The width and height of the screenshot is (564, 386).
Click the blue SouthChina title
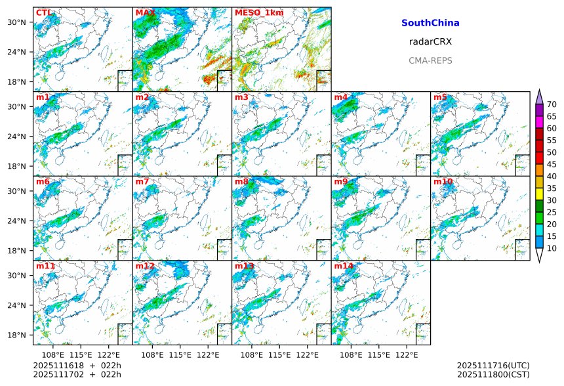pyautogui.click(x=430, y=23)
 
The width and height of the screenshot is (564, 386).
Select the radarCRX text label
pyautogui.click(x=430, y=41)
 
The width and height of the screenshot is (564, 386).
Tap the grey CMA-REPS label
pyautogui.click(x=430, y=60)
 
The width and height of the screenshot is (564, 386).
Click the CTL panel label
pyautogui.click(x=44, y=12)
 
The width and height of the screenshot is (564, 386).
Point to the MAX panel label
pyautogui.click(x=145, y=12)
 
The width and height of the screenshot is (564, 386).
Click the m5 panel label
pyautogui.click(x=440, y=97)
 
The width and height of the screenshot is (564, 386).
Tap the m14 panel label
pyautogui.click(x=344, y=266)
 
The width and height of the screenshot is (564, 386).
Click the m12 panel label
pyautogui.click(x=145, y=266)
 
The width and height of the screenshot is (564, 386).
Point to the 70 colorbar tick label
pyautogui.click(x=552, y=104)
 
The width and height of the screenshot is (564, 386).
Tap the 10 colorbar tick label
pyautogui.click(x=552, y=248)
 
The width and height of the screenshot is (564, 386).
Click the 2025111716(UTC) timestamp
pyautogui.click(x=493, y=366)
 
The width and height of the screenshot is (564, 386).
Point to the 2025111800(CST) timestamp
pyautogui.click(x=493, y=375)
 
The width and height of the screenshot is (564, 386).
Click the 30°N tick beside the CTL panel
pyautogui.click(x=16, y=22)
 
